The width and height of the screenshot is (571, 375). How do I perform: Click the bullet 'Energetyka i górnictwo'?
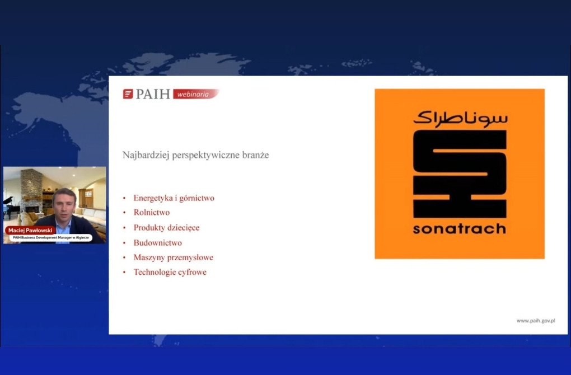pos(174,198)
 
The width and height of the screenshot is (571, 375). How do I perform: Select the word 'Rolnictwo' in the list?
pos(152,212)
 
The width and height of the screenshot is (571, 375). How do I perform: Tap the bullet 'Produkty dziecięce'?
pos(166,228)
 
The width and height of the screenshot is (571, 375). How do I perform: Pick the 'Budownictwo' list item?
pos(158,243)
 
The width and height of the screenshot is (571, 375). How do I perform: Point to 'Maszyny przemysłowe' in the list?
pos(174,257)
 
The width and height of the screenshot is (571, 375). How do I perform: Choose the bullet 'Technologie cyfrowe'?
pos(170,272)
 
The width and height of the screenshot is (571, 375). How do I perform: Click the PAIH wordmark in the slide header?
pos(153,94)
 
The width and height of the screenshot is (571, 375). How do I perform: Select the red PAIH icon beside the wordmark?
pos(128,94)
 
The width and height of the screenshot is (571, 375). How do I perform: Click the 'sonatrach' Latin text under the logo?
pos(460,229)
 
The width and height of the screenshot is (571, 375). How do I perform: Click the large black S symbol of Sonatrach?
pos(460,174)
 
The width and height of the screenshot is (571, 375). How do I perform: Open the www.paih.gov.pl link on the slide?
pos(536,321)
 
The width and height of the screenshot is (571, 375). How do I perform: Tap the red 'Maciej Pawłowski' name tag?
pos(30,231)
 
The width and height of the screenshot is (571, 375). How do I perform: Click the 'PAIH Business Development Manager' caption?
pos(50,237)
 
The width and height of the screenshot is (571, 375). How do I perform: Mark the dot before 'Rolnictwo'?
pos(124,213)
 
